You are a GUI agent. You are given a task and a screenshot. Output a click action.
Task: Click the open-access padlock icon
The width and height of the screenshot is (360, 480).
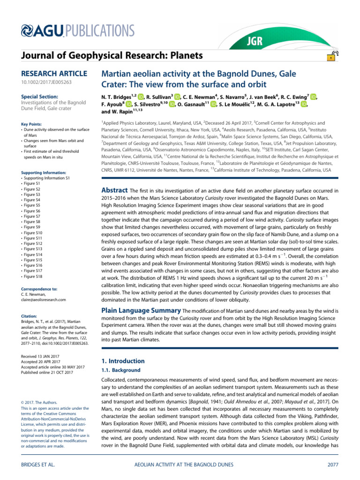(x=331, y=57)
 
